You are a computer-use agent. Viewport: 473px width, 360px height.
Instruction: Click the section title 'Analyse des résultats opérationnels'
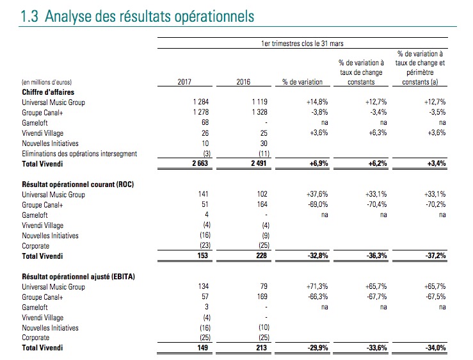(149, 16)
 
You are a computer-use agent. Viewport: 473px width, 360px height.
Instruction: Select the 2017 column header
(184, 82)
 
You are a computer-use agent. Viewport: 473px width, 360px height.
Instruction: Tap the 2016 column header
(243, 82)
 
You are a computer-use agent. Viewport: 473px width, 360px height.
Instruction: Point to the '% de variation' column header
(302, 82)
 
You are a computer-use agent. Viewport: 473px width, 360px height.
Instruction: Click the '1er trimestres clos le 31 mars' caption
(302, 44)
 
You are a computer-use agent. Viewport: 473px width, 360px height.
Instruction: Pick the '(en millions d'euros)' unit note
(47, 82)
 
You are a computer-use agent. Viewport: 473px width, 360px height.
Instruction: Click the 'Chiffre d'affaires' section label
(48, 92)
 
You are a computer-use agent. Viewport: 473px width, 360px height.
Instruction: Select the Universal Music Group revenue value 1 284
(201, 102)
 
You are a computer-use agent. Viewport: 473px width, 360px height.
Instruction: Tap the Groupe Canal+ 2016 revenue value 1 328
(260, 112)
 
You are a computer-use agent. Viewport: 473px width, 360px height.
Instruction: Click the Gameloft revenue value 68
(205, 122)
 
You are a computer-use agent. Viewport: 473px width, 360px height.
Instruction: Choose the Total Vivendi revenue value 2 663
(200, 163)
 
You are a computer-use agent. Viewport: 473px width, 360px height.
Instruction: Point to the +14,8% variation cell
(317, 102)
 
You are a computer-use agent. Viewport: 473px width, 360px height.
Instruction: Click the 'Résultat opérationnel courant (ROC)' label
(78, 184)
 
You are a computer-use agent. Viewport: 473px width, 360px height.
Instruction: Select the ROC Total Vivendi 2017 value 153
(203, 256)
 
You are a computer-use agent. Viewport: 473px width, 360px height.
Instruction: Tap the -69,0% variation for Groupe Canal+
(318, 204)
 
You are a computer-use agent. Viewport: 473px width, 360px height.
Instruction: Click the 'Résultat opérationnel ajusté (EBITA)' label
(79, 277)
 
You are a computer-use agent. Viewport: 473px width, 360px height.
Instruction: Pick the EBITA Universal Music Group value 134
(204, 286)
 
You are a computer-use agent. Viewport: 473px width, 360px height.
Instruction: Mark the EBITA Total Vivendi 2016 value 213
(262, 348)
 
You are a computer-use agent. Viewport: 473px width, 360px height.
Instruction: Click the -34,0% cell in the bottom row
(436, 348)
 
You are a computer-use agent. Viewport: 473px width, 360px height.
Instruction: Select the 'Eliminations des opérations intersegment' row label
(79, 154)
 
